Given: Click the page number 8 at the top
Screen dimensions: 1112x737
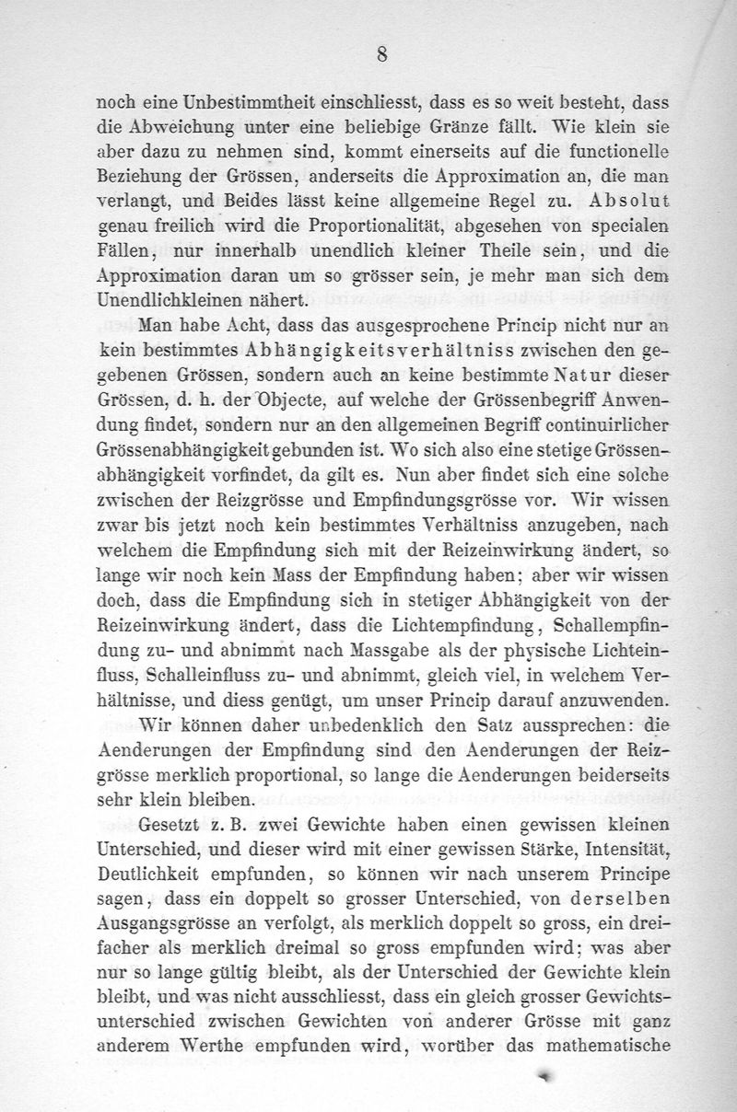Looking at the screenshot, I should pos(380,54).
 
